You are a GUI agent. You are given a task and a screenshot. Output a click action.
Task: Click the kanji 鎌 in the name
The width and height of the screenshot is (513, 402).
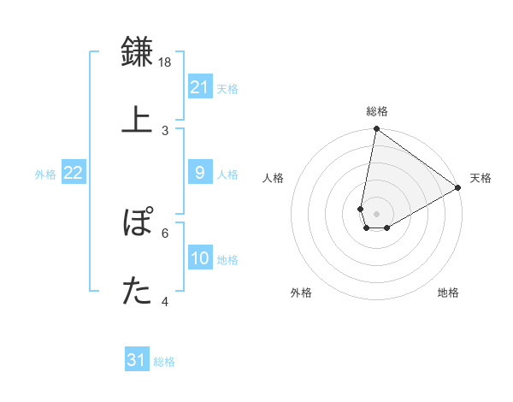[137, 51]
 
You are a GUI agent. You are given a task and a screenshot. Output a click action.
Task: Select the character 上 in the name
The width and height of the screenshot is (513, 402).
[137, 120]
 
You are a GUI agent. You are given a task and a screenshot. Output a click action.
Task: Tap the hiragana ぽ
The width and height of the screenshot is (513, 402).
[138, 221]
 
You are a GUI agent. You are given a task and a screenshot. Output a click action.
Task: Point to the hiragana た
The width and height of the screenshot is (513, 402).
[137, 290]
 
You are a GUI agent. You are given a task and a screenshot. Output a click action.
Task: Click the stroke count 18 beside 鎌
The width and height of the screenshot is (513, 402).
[164, 62]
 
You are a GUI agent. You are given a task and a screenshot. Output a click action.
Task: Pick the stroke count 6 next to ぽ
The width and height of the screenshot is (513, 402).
[165, 234]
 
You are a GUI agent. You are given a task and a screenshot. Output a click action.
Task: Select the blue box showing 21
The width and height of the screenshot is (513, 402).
[200, 86]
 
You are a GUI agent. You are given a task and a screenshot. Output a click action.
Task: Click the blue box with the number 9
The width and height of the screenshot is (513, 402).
[200, 172]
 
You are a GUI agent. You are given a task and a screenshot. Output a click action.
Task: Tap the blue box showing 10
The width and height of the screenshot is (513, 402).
[200, 257]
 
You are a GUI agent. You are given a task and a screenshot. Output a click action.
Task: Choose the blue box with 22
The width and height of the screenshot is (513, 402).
[74, 172]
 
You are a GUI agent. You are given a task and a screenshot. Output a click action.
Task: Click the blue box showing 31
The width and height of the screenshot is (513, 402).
[137, 358]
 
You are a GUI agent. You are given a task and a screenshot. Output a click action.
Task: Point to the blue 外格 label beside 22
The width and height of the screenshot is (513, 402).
[45, 174]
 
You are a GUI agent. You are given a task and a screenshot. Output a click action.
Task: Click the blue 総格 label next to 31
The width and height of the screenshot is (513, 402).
[164, 362]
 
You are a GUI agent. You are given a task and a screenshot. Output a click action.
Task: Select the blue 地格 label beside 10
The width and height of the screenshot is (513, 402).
[227, 260]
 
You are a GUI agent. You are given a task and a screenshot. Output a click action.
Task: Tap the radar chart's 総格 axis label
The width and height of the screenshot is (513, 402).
[377, 111]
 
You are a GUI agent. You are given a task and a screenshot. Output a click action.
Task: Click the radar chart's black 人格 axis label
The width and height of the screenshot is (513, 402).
[273, 178]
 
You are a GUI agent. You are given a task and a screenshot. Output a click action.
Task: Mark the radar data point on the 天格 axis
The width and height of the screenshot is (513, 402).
[458, 187]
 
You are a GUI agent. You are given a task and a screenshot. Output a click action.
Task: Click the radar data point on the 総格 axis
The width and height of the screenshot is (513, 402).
[376, 128]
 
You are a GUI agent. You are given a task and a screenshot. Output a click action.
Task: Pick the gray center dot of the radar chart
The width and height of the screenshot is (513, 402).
[376, 214]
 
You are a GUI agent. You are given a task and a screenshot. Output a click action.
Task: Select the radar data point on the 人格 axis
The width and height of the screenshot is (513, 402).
[361, 210]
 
